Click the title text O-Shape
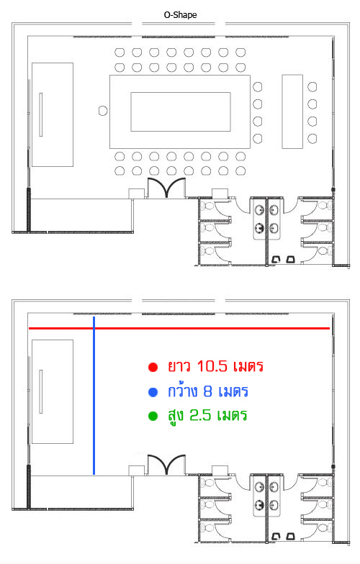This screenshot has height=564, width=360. coord(180,14)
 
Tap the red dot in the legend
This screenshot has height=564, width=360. coord(153,367)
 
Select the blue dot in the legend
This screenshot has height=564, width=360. coord(153,392)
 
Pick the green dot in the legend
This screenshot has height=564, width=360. coord(153,416)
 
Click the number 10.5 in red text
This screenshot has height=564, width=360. coord(212,366)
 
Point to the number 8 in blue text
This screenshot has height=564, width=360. coord(207,391)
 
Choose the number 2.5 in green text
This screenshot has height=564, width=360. coord(200,415)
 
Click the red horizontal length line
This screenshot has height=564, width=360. coord(179,328)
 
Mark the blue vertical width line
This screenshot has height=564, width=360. coord(94,396)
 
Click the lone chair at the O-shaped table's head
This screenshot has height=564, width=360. coord(103,111)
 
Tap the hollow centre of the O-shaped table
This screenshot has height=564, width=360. coord(181,112)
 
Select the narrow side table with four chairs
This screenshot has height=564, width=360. coord(292,112)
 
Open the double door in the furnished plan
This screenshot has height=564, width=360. coord(167,187)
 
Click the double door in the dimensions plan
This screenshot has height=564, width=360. coord(167,465)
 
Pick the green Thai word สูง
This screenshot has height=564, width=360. coord(176,416)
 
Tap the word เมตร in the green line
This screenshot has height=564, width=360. coord(232,416)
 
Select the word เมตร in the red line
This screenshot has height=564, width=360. coord(248,366)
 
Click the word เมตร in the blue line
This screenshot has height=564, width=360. coord(233,391)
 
